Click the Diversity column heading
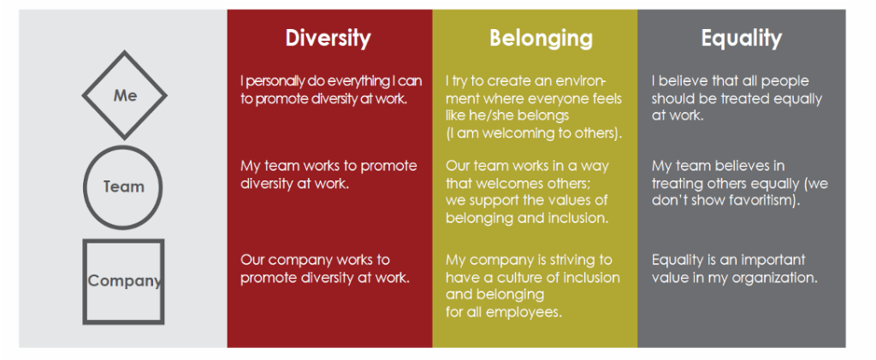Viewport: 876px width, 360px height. (x=328, y=38)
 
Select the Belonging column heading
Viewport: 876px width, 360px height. (x=541, y=38)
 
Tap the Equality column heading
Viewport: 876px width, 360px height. (x=742, y=38)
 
